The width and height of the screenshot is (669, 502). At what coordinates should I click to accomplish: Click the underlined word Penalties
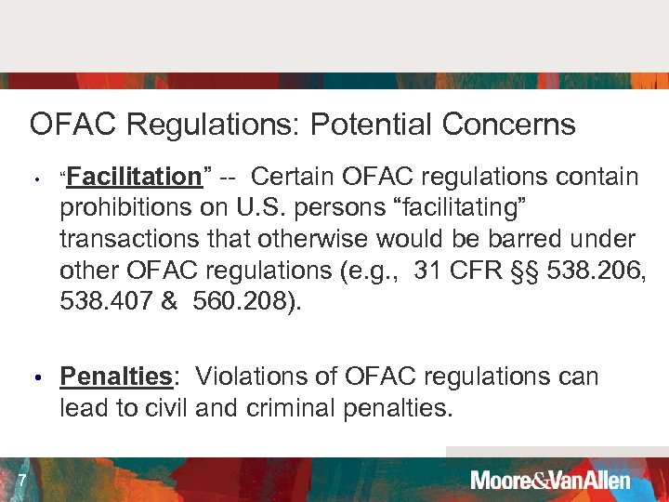pyautogui.click(x=116, y=376)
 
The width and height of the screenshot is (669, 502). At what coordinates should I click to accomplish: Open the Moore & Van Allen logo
pyautogui.click(x=550, y=481)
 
